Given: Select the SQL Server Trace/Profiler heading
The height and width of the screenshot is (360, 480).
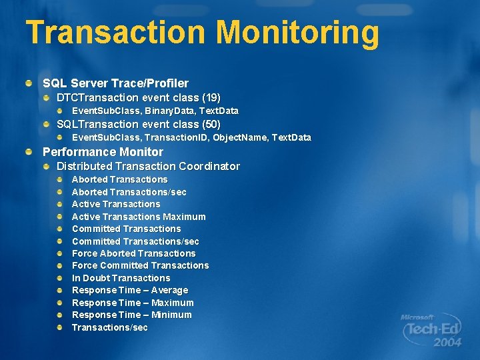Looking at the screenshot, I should [115, 83].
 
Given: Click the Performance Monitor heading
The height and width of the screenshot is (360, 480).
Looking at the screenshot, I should [103, 152].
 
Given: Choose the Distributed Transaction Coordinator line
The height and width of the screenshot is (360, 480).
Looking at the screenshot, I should [148, 166].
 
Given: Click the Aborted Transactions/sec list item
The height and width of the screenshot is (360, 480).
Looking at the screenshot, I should [129, 192].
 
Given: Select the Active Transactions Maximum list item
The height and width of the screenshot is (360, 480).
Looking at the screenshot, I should [139, 217].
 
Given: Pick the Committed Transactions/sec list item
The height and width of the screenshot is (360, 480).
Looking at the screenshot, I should [135, 241].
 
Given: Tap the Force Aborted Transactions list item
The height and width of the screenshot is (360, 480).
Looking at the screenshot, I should [133, 253].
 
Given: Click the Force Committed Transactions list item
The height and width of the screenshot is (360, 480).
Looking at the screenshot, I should [140, 265].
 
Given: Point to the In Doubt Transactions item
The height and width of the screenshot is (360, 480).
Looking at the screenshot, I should [121, 278].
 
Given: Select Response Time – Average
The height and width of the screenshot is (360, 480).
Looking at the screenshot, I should [130, 290].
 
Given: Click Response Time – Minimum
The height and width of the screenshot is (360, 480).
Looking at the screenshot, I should [131, 315].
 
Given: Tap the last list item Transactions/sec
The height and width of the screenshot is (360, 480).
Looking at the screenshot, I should [109, 327].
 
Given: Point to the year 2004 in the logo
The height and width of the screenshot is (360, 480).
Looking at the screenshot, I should [447, 343].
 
